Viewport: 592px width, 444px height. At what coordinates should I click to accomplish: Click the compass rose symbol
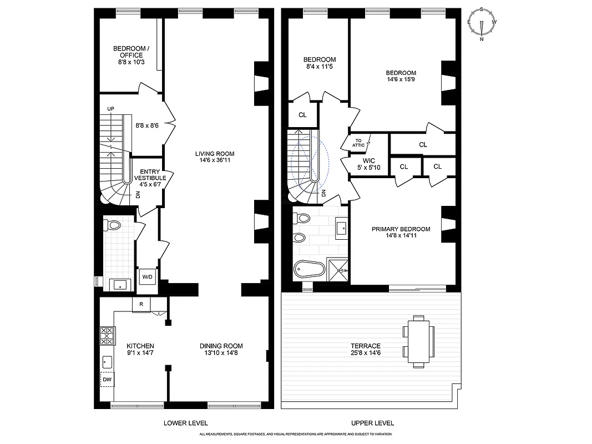(482, 24)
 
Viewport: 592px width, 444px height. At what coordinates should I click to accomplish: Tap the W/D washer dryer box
(147, 277)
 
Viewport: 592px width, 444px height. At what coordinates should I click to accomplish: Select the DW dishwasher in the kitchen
(107, 380)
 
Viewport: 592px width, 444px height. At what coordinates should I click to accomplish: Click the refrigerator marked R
(141, 304)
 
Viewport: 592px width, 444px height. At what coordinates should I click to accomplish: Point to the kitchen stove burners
(107, 336)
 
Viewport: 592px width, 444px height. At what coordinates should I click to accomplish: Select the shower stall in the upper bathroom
(338, 270)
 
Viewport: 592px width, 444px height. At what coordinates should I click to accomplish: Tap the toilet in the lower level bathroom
(113, 226)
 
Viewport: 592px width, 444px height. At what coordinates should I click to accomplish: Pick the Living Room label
(215, 154)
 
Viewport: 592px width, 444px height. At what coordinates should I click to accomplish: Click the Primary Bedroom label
(393, 229)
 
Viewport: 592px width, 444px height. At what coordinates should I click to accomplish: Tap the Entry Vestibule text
(149, 174)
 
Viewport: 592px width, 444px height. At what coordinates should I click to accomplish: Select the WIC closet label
(354, 161)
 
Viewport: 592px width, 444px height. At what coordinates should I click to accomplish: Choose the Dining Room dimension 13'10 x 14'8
(221, 354)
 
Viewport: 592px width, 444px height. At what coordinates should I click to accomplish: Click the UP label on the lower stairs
(110, 108)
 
